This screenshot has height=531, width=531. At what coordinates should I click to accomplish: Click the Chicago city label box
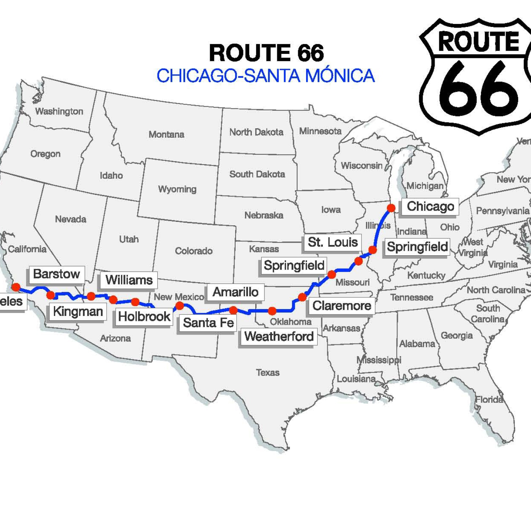pyautogui.click(x=430, y=207)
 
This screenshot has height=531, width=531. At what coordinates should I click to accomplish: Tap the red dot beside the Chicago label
pyautogui.click(x=391, y=208)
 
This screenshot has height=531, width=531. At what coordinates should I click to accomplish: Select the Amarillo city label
pyautogui.click(x=235, y=292)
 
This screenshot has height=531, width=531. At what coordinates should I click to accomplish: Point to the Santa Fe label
pyautogui.click(x=208, y=323)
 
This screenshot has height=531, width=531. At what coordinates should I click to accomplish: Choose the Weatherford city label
pyautogui.click(x=279, y=336)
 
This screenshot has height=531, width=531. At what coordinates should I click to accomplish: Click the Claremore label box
pyautogui.click(x=341, y=306)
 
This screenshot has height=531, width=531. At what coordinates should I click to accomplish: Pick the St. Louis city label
pyautogui.click(x=333, y=242)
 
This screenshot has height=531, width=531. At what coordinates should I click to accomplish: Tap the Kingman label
pyautogui.click(x=78, y=312)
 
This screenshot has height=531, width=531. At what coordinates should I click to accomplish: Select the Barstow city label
pyautogui.click(x=57, y=274)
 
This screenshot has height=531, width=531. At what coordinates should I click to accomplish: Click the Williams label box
pyautogui.click(x=129, y=280)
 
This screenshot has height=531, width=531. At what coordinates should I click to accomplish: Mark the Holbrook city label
pyautogui.click(x=144, y=316)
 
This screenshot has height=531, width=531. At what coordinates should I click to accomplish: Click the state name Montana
pyautogui.click(x=166, y=134)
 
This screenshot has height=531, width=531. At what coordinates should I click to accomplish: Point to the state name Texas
pyautogui.click(x=267, y=372)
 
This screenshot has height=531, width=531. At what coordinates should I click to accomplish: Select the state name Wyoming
pyautogui.click(x=177, y=189)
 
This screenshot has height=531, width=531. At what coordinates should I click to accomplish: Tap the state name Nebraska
pyautogui.click(x=264, y=215)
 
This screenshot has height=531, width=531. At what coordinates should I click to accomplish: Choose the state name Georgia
pyautogui.click(x=456, y=335)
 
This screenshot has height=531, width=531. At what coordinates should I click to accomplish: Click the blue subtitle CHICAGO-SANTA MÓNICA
pyautogui.click(x=265, y=75)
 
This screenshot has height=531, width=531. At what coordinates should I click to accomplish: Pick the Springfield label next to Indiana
pyautogui.click(x=417, y=247)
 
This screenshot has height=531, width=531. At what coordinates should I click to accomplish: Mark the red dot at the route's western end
pyautogui.click(x=16, y=287)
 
